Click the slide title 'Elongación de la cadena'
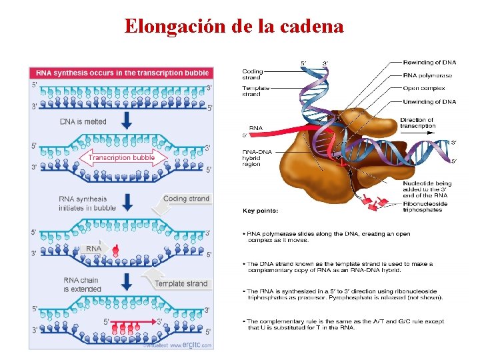(x=234, y=27)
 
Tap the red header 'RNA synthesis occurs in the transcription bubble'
(x=122, y=73)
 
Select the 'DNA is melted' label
(x=83, y=121)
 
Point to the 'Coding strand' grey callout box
(x=186, y=199)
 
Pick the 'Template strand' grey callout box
(x=181, y=283)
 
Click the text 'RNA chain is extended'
(x=82, y=285)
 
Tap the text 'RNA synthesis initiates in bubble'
(x=87, y=203)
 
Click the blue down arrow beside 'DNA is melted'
(x=127, y=121)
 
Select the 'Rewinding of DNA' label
(x=429, y=63)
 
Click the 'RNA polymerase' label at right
(x=427, y=75)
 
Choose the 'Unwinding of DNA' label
(x=429, y=101)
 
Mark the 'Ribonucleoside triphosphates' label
(x=425, y=207)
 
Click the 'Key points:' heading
(x=260, y=211)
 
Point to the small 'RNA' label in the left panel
(x=94, y=248)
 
